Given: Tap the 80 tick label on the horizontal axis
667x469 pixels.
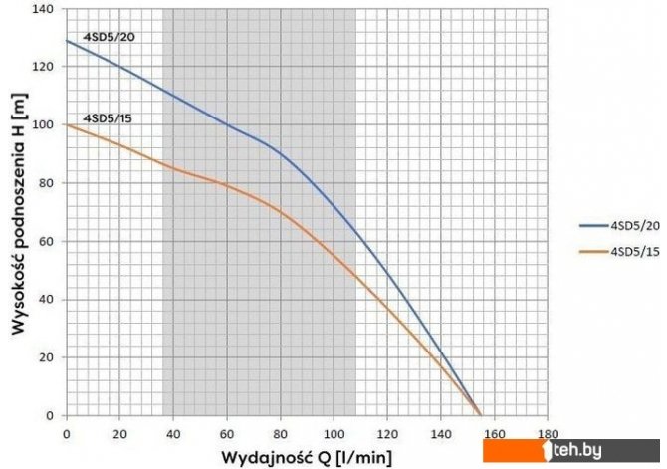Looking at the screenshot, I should click(280, 434).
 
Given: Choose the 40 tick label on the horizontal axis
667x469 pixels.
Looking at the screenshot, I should click(173, 434).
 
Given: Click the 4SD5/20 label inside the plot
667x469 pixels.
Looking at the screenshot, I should click(109, 38).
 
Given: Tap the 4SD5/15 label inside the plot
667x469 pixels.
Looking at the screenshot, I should click(109, 118).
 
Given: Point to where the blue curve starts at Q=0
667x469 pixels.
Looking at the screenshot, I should click(67, 40).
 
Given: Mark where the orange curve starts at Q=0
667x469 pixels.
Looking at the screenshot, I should click(67, 124).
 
